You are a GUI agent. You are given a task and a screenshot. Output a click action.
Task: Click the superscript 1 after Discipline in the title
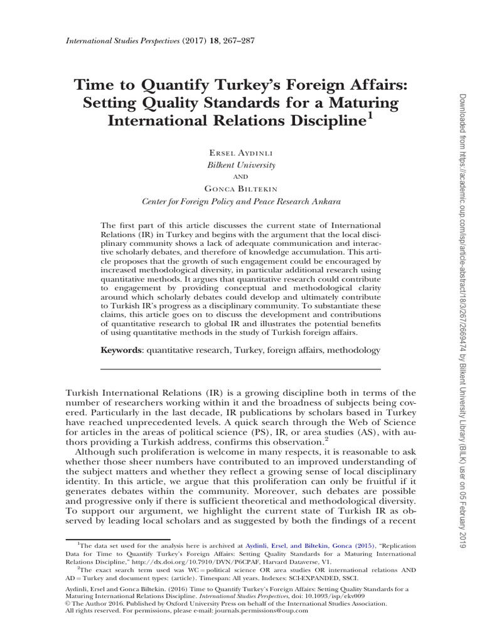pyautogui.click(x=370, y=114)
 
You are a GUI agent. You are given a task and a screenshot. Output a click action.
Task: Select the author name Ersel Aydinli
pyautogui.click(x=241, y=152)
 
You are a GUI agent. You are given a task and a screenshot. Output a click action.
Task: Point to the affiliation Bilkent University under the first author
pyautogui.click(x=241, y=164)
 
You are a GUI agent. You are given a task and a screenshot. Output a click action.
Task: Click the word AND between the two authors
pyautogui.click(x=241, y=177)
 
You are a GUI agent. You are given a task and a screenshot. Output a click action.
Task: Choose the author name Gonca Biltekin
pyautogui.click(x=241, y=189)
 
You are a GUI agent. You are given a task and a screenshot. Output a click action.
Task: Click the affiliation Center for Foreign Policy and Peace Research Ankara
pyautogui.click(x=241, y=201)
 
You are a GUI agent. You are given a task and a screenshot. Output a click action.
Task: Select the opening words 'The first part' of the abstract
pyautogui.click(x=127, y=224)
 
